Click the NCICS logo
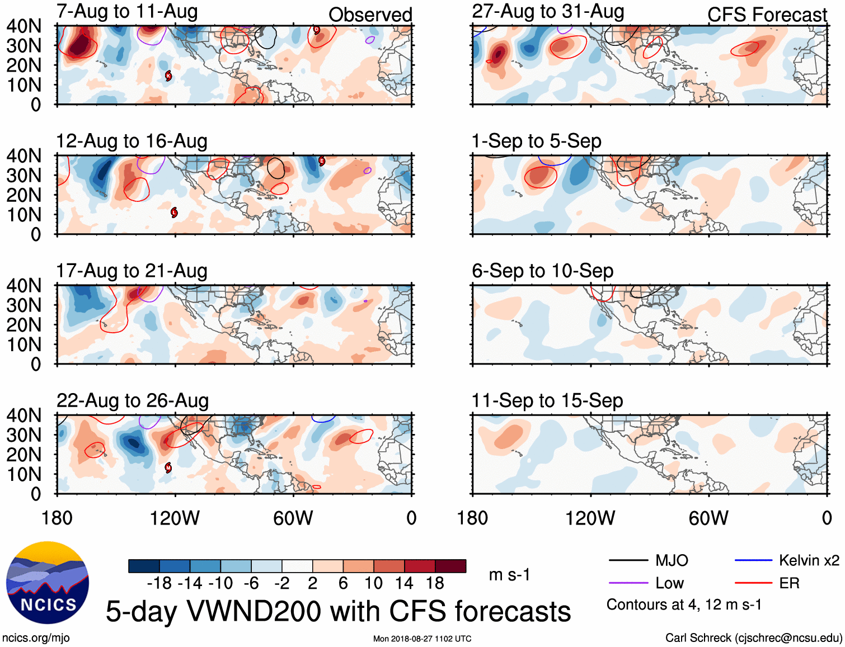48,583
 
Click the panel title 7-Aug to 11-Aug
127,12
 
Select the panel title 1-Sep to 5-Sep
536,141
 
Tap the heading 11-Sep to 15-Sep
547,400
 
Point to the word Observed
370,15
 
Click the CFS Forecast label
767,15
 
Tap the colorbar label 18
435,584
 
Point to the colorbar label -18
159,584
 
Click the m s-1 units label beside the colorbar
509,575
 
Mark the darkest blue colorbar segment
144,566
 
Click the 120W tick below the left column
175,518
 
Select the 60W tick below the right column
708,518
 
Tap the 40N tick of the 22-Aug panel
24,415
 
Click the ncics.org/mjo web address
36,638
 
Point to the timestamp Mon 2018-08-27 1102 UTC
422,639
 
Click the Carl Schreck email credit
753,638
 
